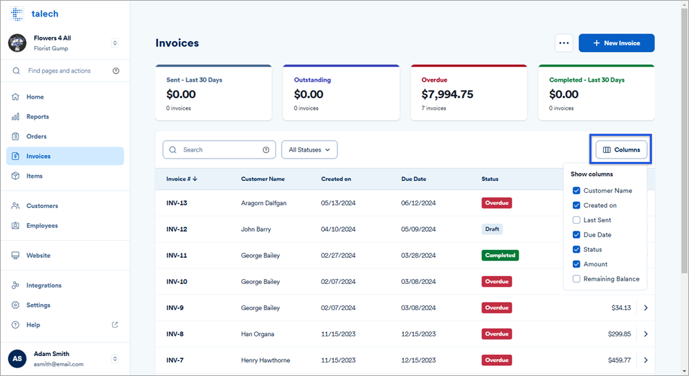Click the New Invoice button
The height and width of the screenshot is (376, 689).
coord(616,43)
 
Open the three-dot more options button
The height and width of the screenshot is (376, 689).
coord(564,43)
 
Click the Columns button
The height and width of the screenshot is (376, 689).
coord(621,150)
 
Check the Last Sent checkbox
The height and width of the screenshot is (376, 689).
coord(576,220)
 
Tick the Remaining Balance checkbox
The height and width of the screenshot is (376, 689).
coord(576,279)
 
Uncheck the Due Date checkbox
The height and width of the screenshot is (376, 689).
coord(576,235)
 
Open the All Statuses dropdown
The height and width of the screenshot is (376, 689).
coord(309,150)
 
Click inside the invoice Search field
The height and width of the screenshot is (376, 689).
coord(220,150)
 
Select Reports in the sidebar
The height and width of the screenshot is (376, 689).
coord(38,117)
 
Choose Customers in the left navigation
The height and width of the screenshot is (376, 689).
coord(42,206)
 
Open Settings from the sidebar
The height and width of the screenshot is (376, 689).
coord(38,305)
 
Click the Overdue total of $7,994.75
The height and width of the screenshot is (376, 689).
coord(447,95)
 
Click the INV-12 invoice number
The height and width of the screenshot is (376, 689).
coord(177,229)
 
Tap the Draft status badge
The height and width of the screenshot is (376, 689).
coord(492,229)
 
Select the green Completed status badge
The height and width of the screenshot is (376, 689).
coord(499,255)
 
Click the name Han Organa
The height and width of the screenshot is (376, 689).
coord(258,334)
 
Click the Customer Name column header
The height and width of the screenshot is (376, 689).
coord(262,179)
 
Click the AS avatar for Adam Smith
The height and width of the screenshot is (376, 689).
coord(17,359)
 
